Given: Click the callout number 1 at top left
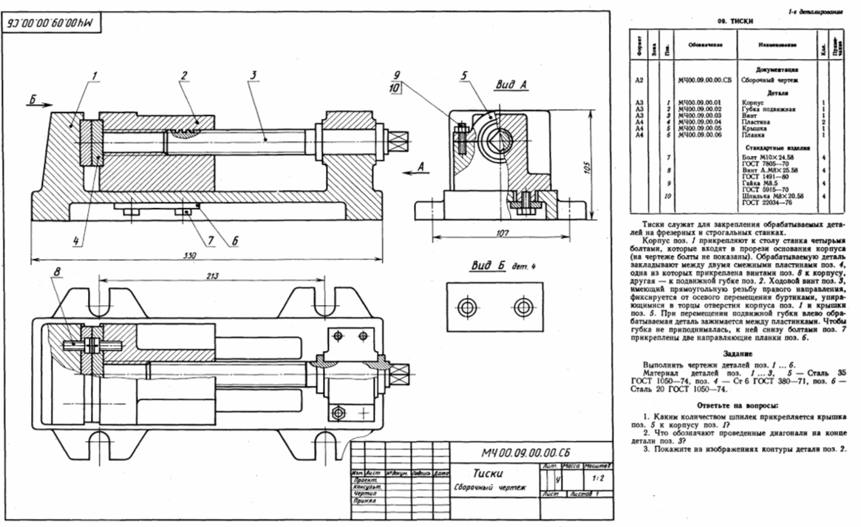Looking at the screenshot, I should (95, 75).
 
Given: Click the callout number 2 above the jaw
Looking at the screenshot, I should (183, 75).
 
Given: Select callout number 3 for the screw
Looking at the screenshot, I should (253, 75).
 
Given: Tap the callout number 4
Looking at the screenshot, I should (76, 240).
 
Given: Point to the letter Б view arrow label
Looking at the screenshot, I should (33, 98).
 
